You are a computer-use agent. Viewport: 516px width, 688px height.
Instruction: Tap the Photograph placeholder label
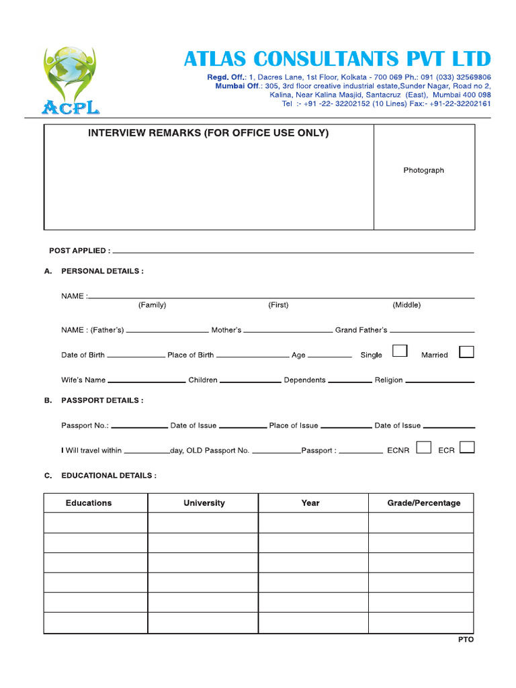423,171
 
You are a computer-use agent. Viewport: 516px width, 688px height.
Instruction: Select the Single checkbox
400,351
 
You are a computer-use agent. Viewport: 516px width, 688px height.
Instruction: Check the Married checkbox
466,351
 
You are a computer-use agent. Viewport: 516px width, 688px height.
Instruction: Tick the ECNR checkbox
423,447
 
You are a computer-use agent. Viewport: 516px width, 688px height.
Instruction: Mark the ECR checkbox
467,447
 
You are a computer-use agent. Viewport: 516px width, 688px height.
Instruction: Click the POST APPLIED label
79,251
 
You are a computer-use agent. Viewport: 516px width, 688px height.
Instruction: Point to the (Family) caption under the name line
152,305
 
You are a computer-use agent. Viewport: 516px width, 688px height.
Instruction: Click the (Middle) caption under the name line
406,305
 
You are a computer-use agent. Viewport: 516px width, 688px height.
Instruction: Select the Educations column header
89,503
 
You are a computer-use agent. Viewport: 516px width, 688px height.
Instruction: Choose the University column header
204,503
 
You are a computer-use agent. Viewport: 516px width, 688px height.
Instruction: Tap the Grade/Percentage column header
424,503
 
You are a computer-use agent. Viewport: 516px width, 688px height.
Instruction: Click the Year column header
310,503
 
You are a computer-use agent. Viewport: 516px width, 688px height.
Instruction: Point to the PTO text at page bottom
466,640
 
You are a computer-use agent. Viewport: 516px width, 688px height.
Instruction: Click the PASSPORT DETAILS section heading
102,400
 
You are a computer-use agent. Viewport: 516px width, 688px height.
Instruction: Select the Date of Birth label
83,355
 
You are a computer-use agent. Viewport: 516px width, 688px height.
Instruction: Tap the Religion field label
388,380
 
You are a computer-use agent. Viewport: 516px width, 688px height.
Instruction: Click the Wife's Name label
83,380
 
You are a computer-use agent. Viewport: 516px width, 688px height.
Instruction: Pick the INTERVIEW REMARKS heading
208,133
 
